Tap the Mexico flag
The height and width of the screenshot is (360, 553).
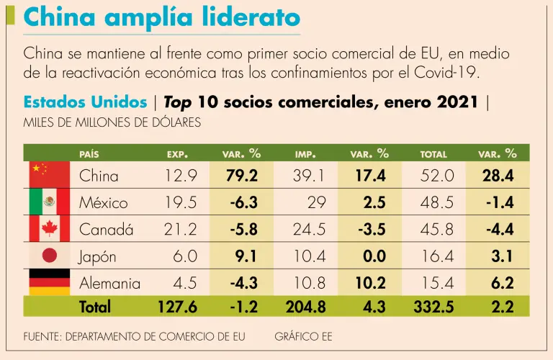pos(49,202)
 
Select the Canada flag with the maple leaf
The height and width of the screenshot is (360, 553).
pos(49,229)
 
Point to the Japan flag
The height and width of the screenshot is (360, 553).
pos(49,256)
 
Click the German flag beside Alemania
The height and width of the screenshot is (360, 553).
pos(49,282)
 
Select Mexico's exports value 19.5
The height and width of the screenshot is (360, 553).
pos(181,202)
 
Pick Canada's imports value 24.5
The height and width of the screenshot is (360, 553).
pos(309,230)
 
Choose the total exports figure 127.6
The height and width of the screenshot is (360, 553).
pos(177,307)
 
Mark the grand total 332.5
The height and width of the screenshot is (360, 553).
pos(433,307)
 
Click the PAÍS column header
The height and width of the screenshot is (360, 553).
pos(89,154)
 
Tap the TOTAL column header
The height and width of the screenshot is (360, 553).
pos(433,154)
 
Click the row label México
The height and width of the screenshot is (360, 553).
pos(103,202)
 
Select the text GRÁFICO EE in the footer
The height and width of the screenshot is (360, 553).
pos(303,336)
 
